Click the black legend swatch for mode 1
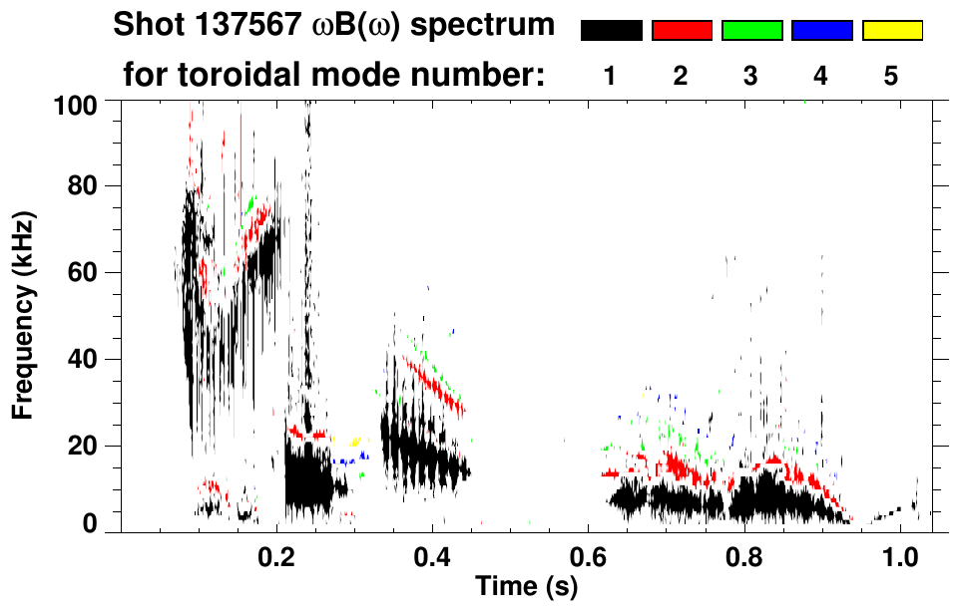coord(612,31)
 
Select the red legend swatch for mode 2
coord(682,31)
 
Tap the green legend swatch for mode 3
coord(751,31)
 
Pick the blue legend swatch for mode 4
coord(821,31)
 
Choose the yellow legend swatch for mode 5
coord(891,31)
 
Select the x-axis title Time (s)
coord(526,587)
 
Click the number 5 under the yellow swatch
coord(891,76)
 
